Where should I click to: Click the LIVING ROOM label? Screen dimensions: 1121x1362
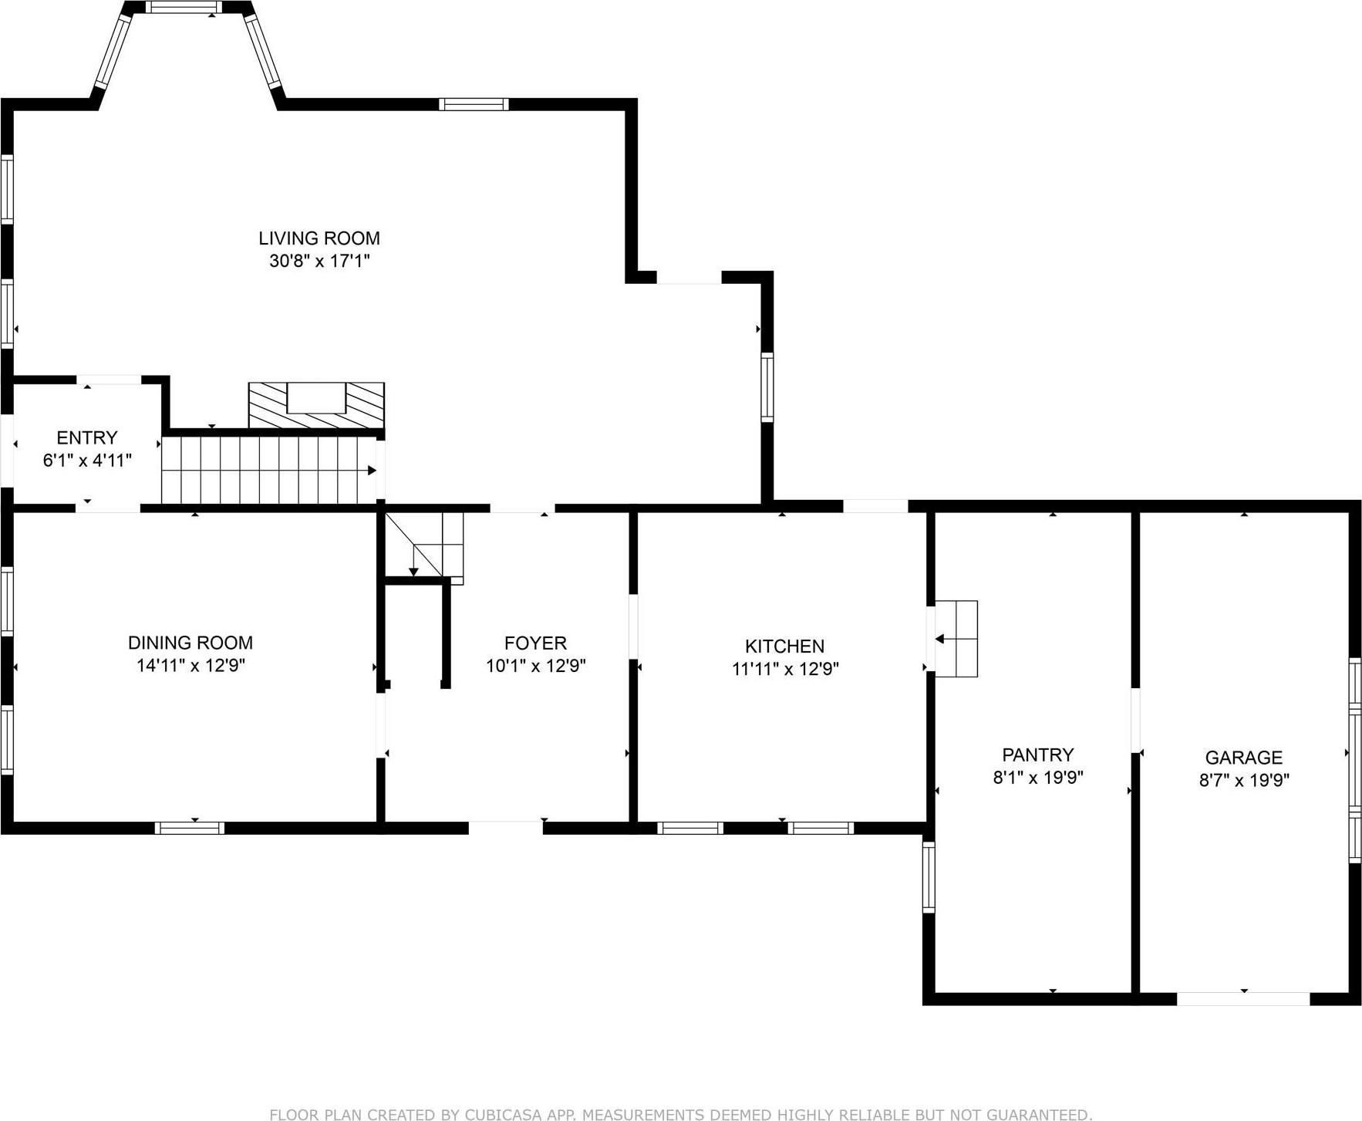pyautogui.click(x=319, y=238)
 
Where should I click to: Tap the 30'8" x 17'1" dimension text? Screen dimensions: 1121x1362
pyautogui.click(x=319, y=261)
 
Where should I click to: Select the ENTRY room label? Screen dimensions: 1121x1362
pyautogui.click(x=86, y=438)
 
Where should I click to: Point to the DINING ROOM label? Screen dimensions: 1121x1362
pyautogui.click(x=190, y=643)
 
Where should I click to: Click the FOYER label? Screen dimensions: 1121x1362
pyautogui.click(x=535, y=643)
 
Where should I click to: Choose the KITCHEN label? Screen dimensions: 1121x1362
pyautogui.click(x=784, y=647)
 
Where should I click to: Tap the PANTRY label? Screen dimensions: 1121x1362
pyautogui.click(x=1037, y=755)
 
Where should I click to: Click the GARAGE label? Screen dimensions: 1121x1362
pyautogui.click(x=1243, y=758)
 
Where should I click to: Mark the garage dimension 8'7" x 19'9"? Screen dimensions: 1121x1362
pyautogui.click(x=1243, y=780)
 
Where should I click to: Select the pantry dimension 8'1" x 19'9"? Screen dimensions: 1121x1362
pyautogui.click(x=1037, y=777)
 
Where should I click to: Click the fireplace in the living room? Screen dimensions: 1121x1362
pyautogui.click(x=316, y=405)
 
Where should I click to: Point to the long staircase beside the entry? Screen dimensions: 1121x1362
pyautogui.click(x=268, y=471)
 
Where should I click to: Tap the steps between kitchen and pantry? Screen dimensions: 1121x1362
pyautogui.click(x=956, y=639)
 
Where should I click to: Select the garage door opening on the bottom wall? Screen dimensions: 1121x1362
pyautogui.click(x=1242, y=998)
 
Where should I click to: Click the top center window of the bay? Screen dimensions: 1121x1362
pyautogui.click(x=183, y=8)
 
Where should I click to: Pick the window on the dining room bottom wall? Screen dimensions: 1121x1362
pyautogui.click(x=190, y=828)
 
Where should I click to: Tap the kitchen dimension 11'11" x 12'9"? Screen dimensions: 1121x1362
pyautogui.click(x=784, y=669)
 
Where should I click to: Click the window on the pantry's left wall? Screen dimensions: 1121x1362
pyautogui.click(x=929, y=878)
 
